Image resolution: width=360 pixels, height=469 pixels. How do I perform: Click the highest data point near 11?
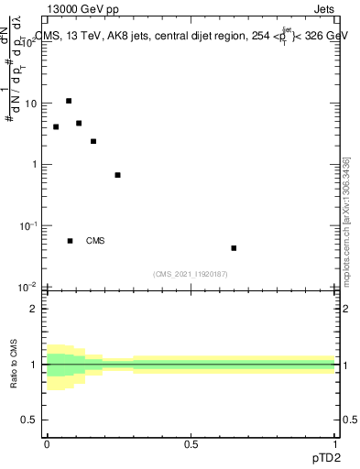[x=69, y=101]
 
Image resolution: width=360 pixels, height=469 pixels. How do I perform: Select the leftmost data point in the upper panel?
[x=56, y=126]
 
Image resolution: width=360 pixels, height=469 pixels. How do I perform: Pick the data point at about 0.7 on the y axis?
[x=117, y=175]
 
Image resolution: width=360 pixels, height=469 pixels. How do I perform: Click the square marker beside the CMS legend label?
[x=70, y=241]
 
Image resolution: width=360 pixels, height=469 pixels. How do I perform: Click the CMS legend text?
[x=95, y=241]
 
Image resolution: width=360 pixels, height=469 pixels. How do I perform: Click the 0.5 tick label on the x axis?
[x=191, y=444]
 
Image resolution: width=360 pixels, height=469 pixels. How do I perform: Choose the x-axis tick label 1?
[x=335, y=444]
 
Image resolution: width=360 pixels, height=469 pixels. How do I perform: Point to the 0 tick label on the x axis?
[x=47, y=444]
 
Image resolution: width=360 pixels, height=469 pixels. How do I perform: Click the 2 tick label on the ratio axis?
[x=34, y=309]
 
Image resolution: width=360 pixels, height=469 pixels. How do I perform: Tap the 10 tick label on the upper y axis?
[x=29, y=104]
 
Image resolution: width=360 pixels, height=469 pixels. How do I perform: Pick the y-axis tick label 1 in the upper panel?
[x=34, y=165]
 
